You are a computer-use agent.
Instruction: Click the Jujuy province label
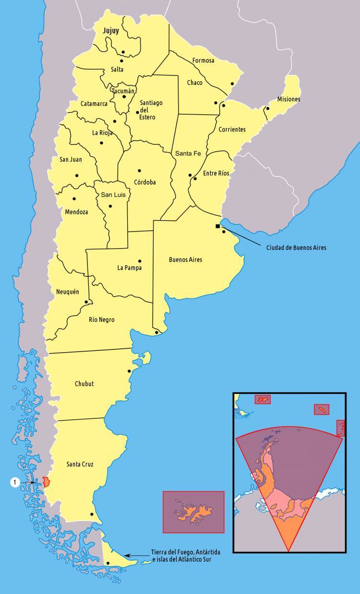(x=110, y=31)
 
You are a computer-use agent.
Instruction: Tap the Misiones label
(x=288, y=99)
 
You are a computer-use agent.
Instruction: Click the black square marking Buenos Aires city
(x=218, y=226)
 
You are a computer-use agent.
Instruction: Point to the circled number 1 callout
(x=14, y=482)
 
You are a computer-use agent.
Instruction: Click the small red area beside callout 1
(x=46, y=482)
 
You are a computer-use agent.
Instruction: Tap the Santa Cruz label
(x=80, y=464)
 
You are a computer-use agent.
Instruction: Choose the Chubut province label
(x=84, y=384)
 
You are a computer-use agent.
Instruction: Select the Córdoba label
(x=145, y=182)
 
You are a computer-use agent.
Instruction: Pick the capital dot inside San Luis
(x=110, y=206)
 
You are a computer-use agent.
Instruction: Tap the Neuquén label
(x=68, y=292)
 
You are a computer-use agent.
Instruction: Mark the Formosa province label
(x=203, y=61)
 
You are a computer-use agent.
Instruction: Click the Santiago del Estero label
(x=151, y=110)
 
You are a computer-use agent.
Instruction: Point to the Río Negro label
(x=102, y=320)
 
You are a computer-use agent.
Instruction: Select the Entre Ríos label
(x=216, y=173)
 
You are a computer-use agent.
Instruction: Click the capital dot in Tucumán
(x=124, y=97)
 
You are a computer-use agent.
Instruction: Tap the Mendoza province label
(x=76, y=212)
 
